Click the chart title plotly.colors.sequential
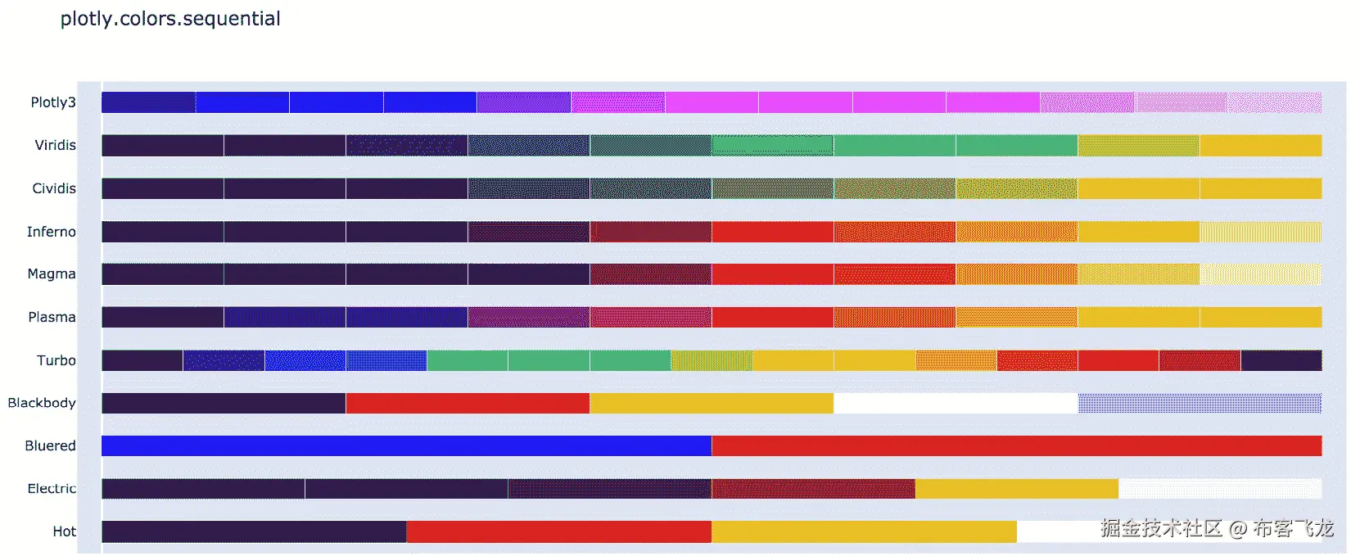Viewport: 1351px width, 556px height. [170, 19]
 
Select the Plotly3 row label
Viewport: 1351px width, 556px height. [53, 102]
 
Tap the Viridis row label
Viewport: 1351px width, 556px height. [55, 145]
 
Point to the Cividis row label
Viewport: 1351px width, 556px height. [54, 188]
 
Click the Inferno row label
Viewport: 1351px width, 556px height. [51, 232]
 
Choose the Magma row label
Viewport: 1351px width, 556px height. [51, 273]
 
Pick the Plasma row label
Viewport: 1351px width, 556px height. [52, 317]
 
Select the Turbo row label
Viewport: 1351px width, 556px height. [56, 360]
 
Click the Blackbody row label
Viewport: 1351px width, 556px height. [42, 403]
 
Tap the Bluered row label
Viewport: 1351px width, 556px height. [50, 445]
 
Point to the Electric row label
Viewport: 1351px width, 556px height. [52, 489]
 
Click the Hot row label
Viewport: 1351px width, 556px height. [64, 531]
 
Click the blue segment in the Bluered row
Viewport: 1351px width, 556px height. [406, 445]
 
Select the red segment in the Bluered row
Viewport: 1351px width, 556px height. [1016, 445]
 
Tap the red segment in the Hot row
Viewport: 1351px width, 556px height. [558, 531]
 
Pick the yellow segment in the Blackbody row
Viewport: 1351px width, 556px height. [711, 403]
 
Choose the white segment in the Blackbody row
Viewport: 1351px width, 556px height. [955, 403]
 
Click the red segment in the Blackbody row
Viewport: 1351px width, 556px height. [467, 403]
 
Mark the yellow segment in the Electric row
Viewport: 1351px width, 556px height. [1016, 489]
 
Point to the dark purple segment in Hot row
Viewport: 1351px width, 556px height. [254, 531]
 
